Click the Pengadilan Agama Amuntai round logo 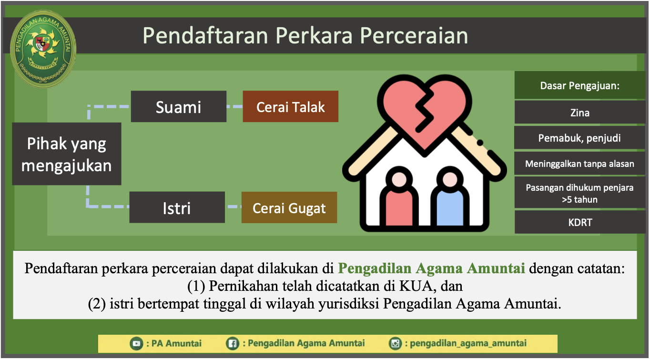[43, 49]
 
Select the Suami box [178, 106]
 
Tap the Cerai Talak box [291, 106]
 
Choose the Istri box [177, 207]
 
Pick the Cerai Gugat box [289, 207]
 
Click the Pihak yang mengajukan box [67, 154]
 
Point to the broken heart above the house [424, 113]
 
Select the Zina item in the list [580, 113]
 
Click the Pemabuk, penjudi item [580, 138]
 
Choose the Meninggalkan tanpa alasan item [580, 164]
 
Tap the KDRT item [580, 222]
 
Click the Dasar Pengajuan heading [580, 86]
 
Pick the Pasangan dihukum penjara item [580, 193]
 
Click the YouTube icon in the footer [136, 344]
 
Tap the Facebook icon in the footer [233, 344]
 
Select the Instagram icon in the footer [395, 343]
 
